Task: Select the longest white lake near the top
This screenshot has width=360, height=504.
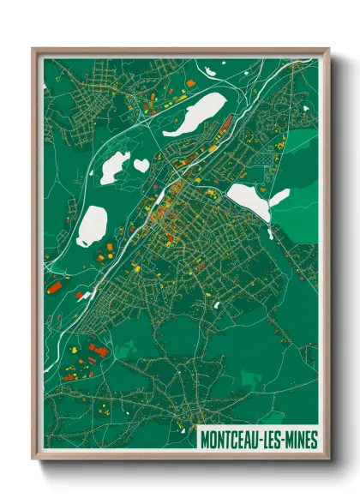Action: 195,113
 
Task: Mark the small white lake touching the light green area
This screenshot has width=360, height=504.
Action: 279,198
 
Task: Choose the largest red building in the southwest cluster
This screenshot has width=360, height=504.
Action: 96,351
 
